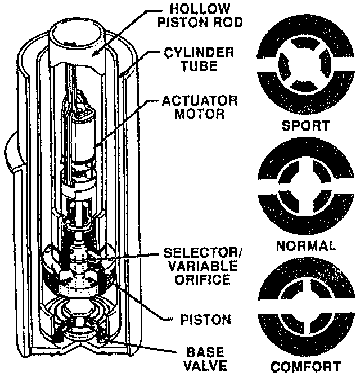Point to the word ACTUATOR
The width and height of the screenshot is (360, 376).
tap(200, 102)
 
